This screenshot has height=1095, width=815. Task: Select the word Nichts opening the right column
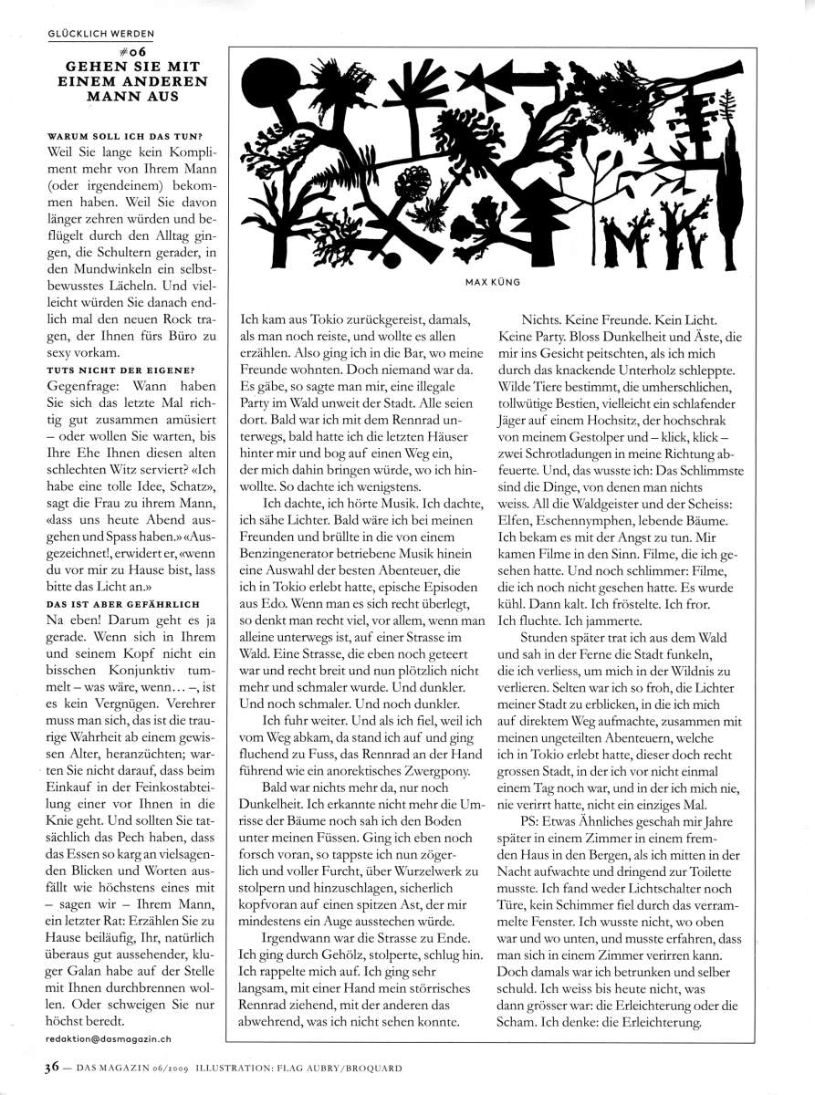click(543, 321)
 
